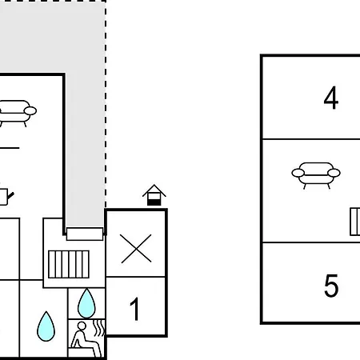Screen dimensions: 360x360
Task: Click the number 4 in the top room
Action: click(x=331, y=98)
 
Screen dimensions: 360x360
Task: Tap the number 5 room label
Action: click(x=331, y=286)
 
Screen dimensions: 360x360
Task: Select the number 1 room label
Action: click(x=135, y=309)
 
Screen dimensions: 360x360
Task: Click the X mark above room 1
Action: click(x=136, y=249)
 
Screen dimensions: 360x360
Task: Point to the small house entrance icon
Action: click(x=154, y=195)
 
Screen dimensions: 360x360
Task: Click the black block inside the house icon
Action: click(x=154, y=202)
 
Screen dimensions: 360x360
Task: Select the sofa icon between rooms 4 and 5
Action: click(x=316, y=175)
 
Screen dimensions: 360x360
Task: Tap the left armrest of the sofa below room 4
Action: click(x=298, y=173)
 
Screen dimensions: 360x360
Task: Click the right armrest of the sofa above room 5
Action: click(x=334, y=173)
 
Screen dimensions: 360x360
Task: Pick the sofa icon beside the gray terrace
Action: click(x=17, y=114)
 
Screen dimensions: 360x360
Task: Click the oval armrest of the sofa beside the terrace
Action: click(x=30, y=110)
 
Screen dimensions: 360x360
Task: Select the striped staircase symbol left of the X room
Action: click(x=69, y=264)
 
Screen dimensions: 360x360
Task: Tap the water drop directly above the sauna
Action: click(x=86, y=303)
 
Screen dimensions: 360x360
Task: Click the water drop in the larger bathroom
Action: click(x=46, y=326)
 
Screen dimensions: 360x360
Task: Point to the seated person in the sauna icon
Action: click(x=85, y=338)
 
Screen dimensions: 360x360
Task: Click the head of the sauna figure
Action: click(x=82, y=326)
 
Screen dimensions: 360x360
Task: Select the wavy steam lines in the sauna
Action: click(x=99, y=328)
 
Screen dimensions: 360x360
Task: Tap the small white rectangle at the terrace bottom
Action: click(x=85, y=234)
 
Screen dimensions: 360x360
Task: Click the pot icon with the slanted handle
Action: click(x=6, y=197)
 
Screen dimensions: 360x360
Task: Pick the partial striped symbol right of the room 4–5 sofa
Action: click(x=355, y=222)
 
